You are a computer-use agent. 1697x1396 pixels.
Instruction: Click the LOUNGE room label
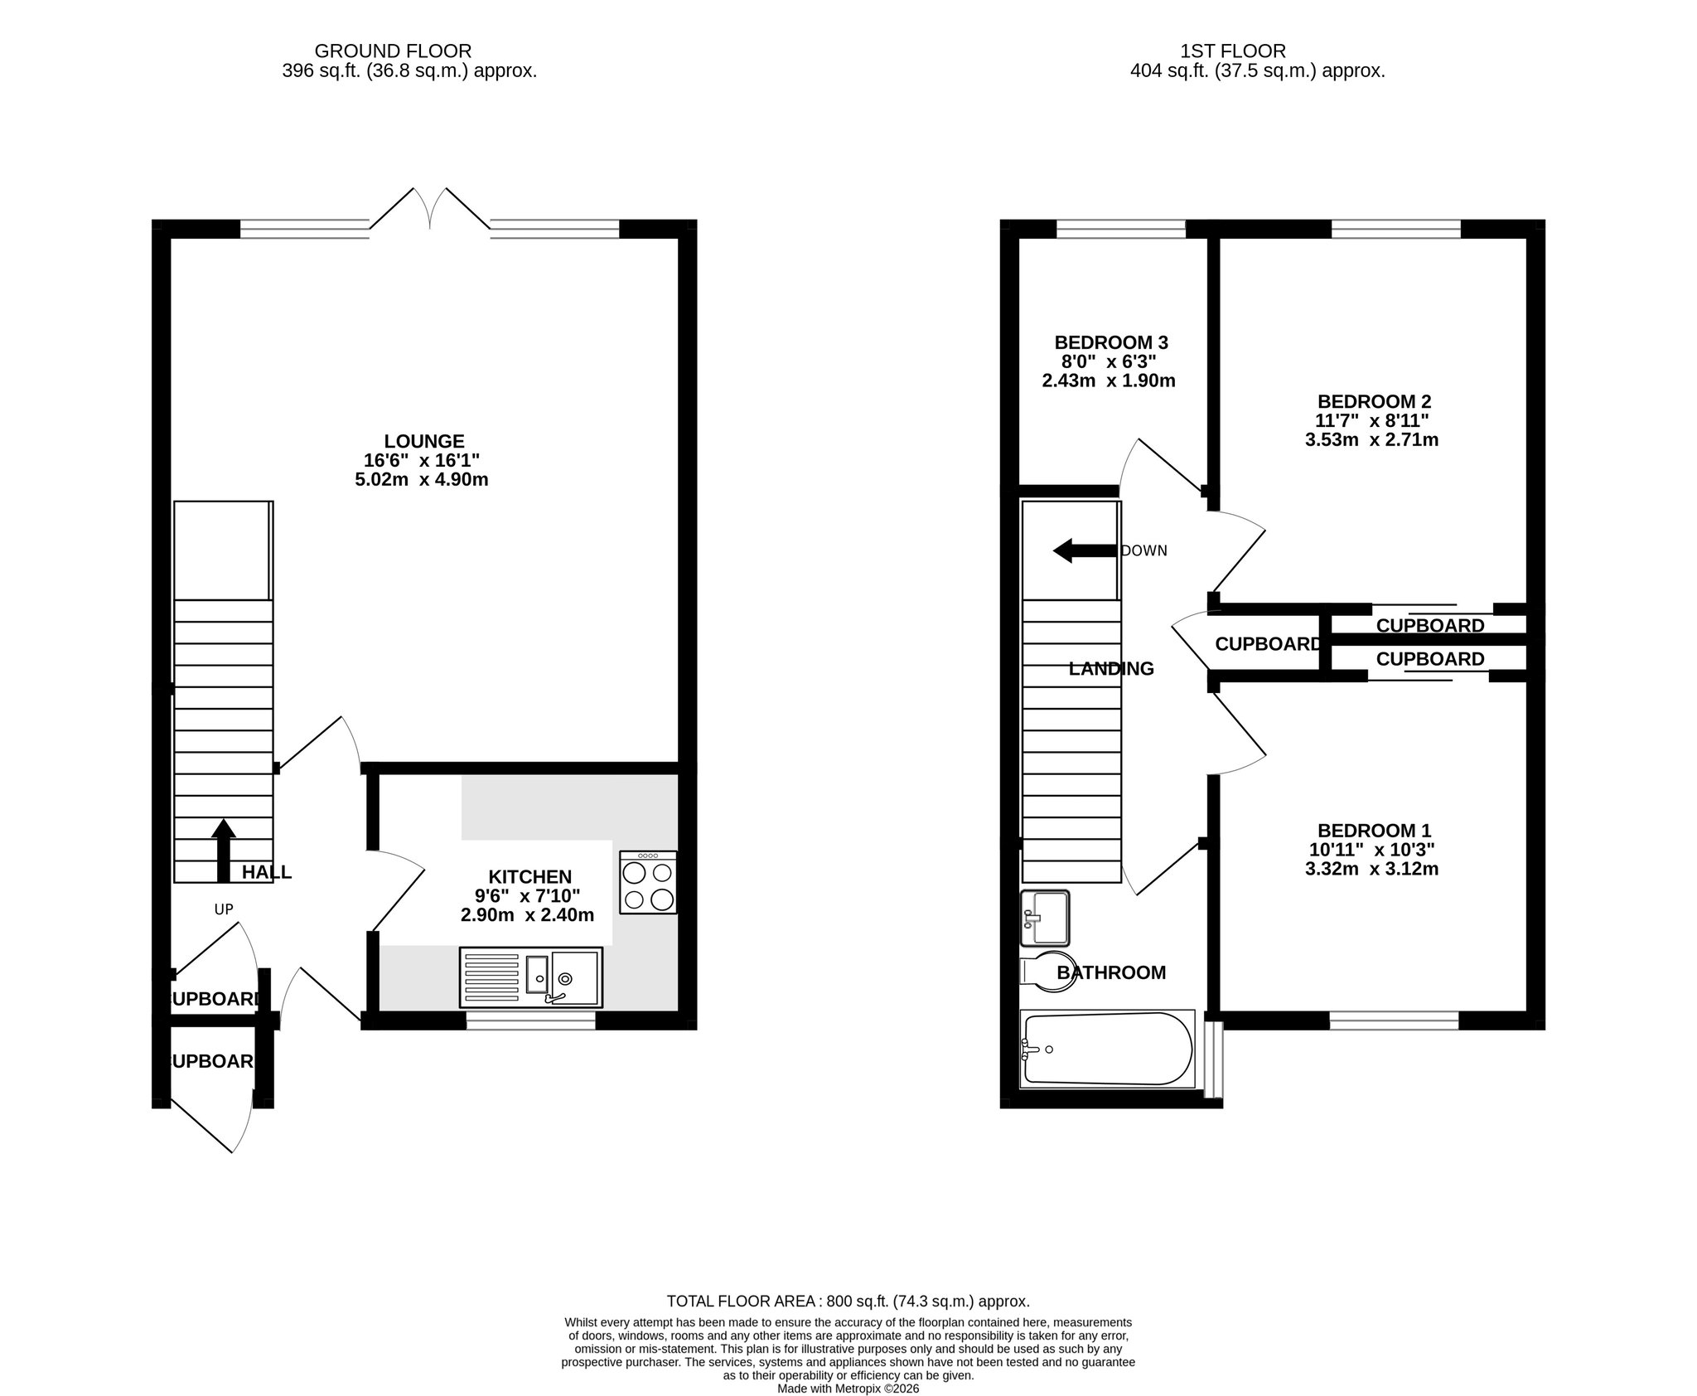(423, 441)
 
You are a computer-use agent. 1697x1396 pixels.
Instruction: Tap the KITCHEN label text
(529, 876)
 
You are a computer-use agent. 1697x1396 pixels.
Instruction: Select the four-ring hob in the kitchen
(647, 882)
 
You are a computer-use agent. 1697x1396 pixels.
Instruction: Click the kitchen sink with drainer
(530, 977)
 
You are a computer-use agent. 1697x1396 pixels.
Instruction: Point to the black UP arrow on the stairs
(222, 850)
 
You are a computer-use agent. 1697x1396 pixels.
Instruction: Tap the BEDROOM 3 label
(1111, 342)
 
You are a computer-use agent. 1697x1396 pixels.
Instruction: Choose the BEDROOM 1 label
(1374, 830)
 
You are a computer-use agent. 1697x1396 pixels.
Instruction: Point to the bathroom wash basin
(1046, 918)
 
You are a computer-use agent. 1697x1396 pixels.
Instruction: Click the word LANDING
(1111, 668)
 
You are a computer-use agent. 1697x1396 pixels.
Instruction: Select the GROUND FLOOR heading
(393, 51)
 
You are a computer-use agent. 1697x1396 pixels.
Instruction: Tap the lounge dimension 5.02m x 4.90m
(422, 479)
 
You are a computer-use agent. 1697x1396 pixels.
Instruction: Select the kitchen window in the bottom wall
(530, 1021)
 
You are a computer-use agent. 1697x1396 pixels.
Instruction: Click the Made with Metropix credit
(848, 1389)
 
